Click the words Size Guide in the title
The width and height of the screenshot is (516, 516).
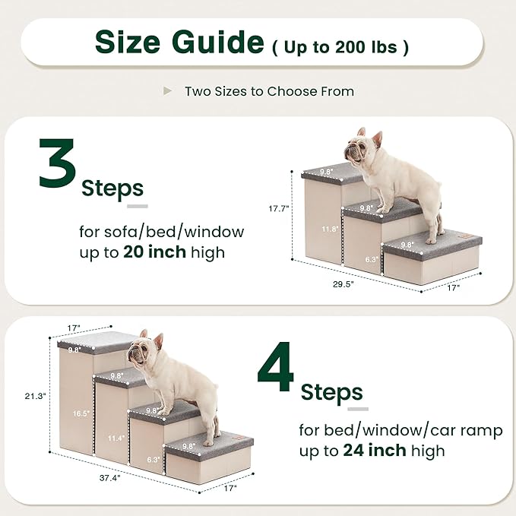tap(178, 43)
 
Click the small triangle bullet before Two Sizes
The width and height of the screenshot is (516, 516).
tap(167, 91)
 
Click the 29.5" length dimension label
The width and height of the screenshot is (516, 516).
tap(343, 283)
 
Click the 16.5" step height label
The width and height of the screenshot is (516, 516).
tap(81, 413)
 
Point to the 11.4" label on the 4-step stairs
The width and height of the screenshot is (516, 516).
tap(116, 438)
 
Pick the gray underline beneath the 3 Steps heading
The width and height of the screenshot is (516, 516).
tap(137, 205)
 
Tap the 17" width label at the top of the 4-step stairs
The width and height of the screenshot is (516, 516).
tap(74, 328)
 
